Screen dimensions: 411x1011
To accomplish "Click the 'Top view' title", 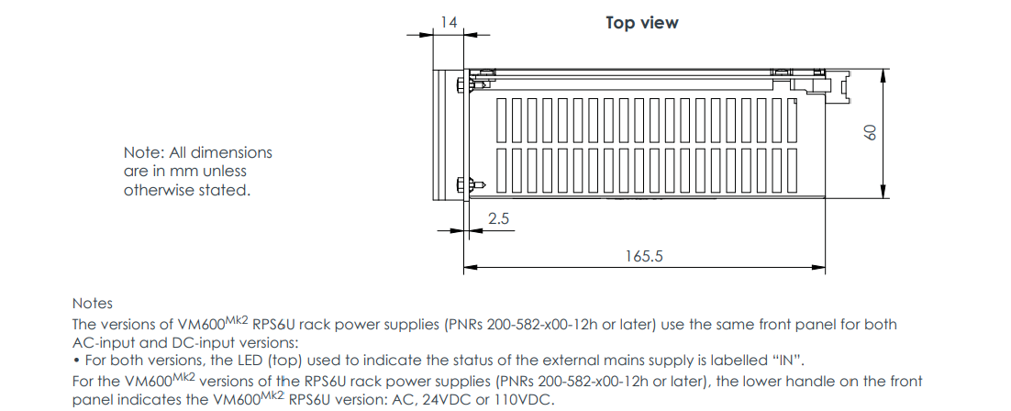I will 641,23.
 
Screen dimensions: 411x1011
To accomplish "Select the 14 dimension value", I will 449,19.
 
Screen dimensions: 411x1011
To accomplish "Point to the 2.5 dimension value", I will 498,220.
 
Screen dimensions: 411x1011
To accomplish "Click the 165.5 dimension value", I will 644,256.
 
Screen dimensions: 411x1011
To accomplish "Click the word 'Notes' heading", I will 92,303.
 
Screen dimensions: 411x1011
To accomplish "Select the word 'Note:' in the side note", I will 144,152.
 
